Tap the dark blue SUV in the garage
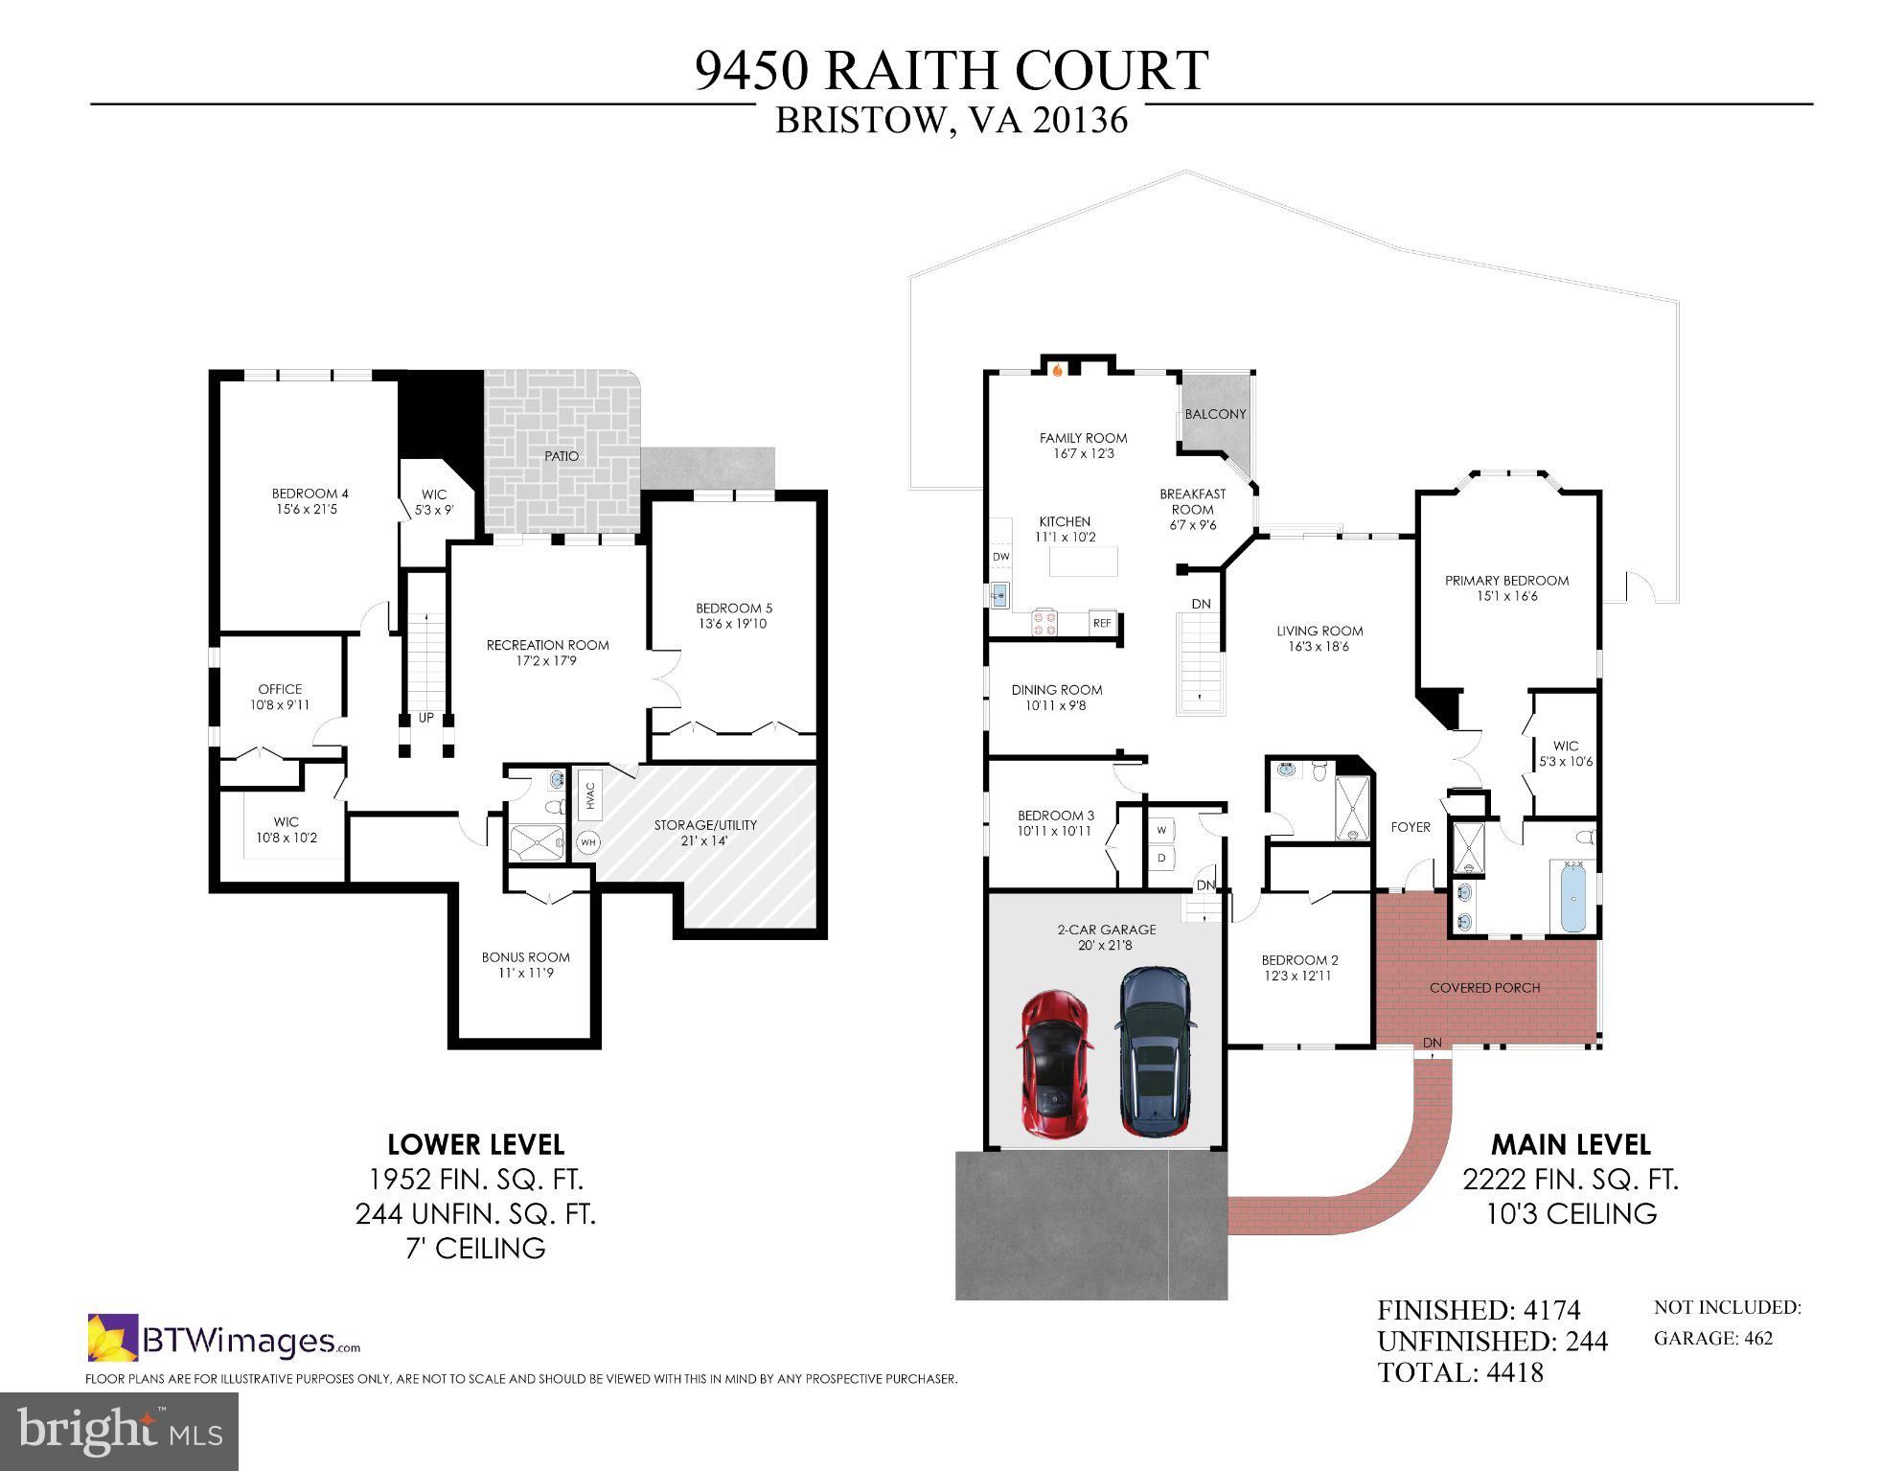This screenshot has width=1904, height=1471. click(1156, 1052)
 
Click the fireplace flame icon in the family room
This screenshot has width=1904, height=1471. click(1058, 369)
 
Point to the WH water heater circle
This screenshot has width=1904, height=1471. click(587, 842)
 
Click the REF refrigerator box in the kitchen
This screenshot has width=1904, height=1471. click(1102, 623)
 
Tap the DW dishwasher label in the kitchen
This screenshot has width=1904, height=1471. click(1000, 557)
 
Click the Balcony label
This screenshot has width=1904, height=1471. click(1215, 414)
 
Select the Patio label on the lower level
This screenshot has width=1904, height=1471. click(562, 456)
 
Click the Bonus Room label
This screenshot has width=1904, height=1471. click(525, 957)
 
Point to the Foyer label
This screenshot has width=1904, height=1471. click(1411, 827)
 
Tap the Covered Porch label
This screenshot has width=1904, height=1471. click(1484, 988)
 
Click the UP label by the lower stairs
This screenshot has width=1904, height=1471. click(425, 717)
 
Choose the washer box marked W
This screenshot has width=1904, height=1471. click(1161, 829)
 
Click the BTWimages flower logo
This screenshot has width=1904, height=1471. click(112, 1337)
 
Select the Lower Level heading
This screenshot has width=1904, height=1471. click(475, 1144)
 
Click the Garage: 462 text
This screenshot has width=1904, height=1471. click(1713, 1338)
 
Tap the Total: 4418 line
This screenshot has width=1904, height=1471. click(1460, 1372)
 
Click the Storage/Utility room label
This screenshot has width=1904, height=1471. click(705, 825)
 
